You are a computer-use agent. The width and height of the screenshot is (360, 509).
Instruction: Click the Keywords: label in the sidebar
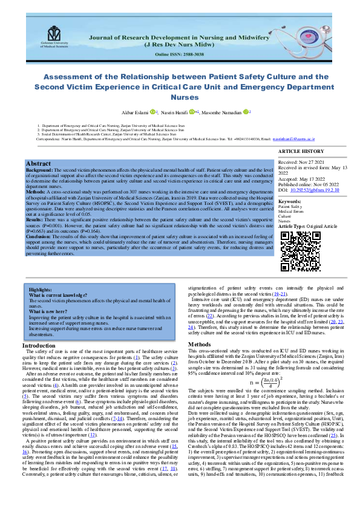tap(289, 201)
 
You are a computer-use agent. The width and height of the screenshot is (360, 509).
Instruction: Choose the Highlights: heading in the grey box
tap(41, 290)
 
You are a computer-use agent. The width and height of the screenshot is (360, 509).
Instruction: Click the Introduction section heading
tap(56, 345)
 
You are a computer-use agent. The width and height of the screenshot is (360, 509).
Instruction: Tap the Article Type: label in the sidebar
tap(293, 225)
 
